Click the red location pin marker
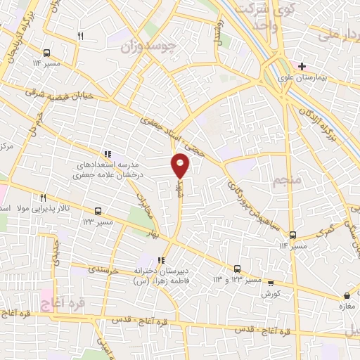tap(181, 165)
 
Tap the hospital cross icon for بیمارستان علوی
tap(302, 67)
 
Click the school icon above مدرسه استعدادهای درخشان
tap(107, 154)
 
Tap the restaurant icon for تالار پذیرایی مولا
tap(43, 198)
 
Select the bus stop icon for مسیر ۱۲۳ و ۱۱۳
tap(237, 269)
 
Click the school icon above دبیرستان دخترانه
tap(163, 261)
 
